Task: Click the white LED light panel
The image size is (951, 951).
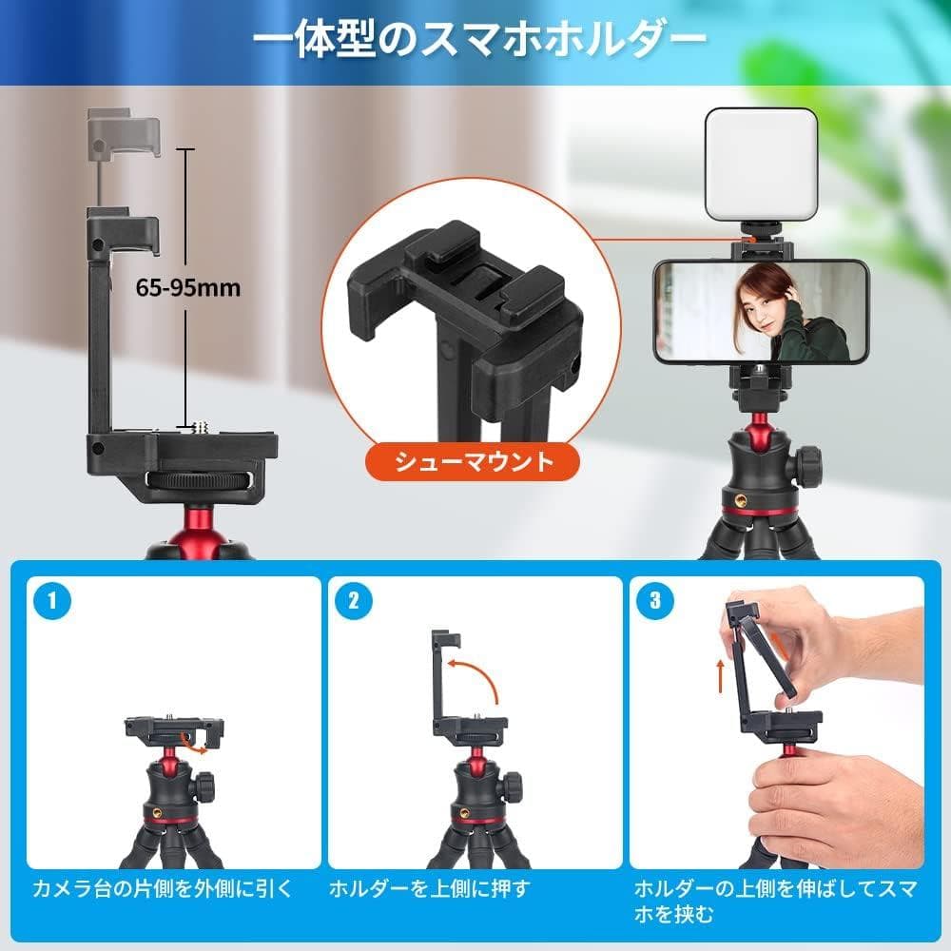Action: tap(762, 163)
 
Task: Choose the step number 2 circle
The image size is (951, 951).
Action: tap(354, 600)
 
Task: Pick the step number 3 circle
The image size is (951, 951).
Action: tap(655, 600)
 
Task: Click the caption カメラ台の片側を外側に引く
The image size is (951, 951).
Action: tap(162, 890)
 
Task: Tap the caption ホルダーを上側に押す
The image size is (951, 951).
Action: tap(429, 890)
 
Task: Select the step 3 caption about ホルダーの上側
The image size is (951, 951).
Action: tap(775, 902)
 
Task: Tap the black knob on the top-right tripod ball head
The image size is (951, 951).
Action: tap(809, 465)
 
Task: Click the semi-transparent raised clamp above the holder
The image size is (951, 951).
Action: tap(123, 132)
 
